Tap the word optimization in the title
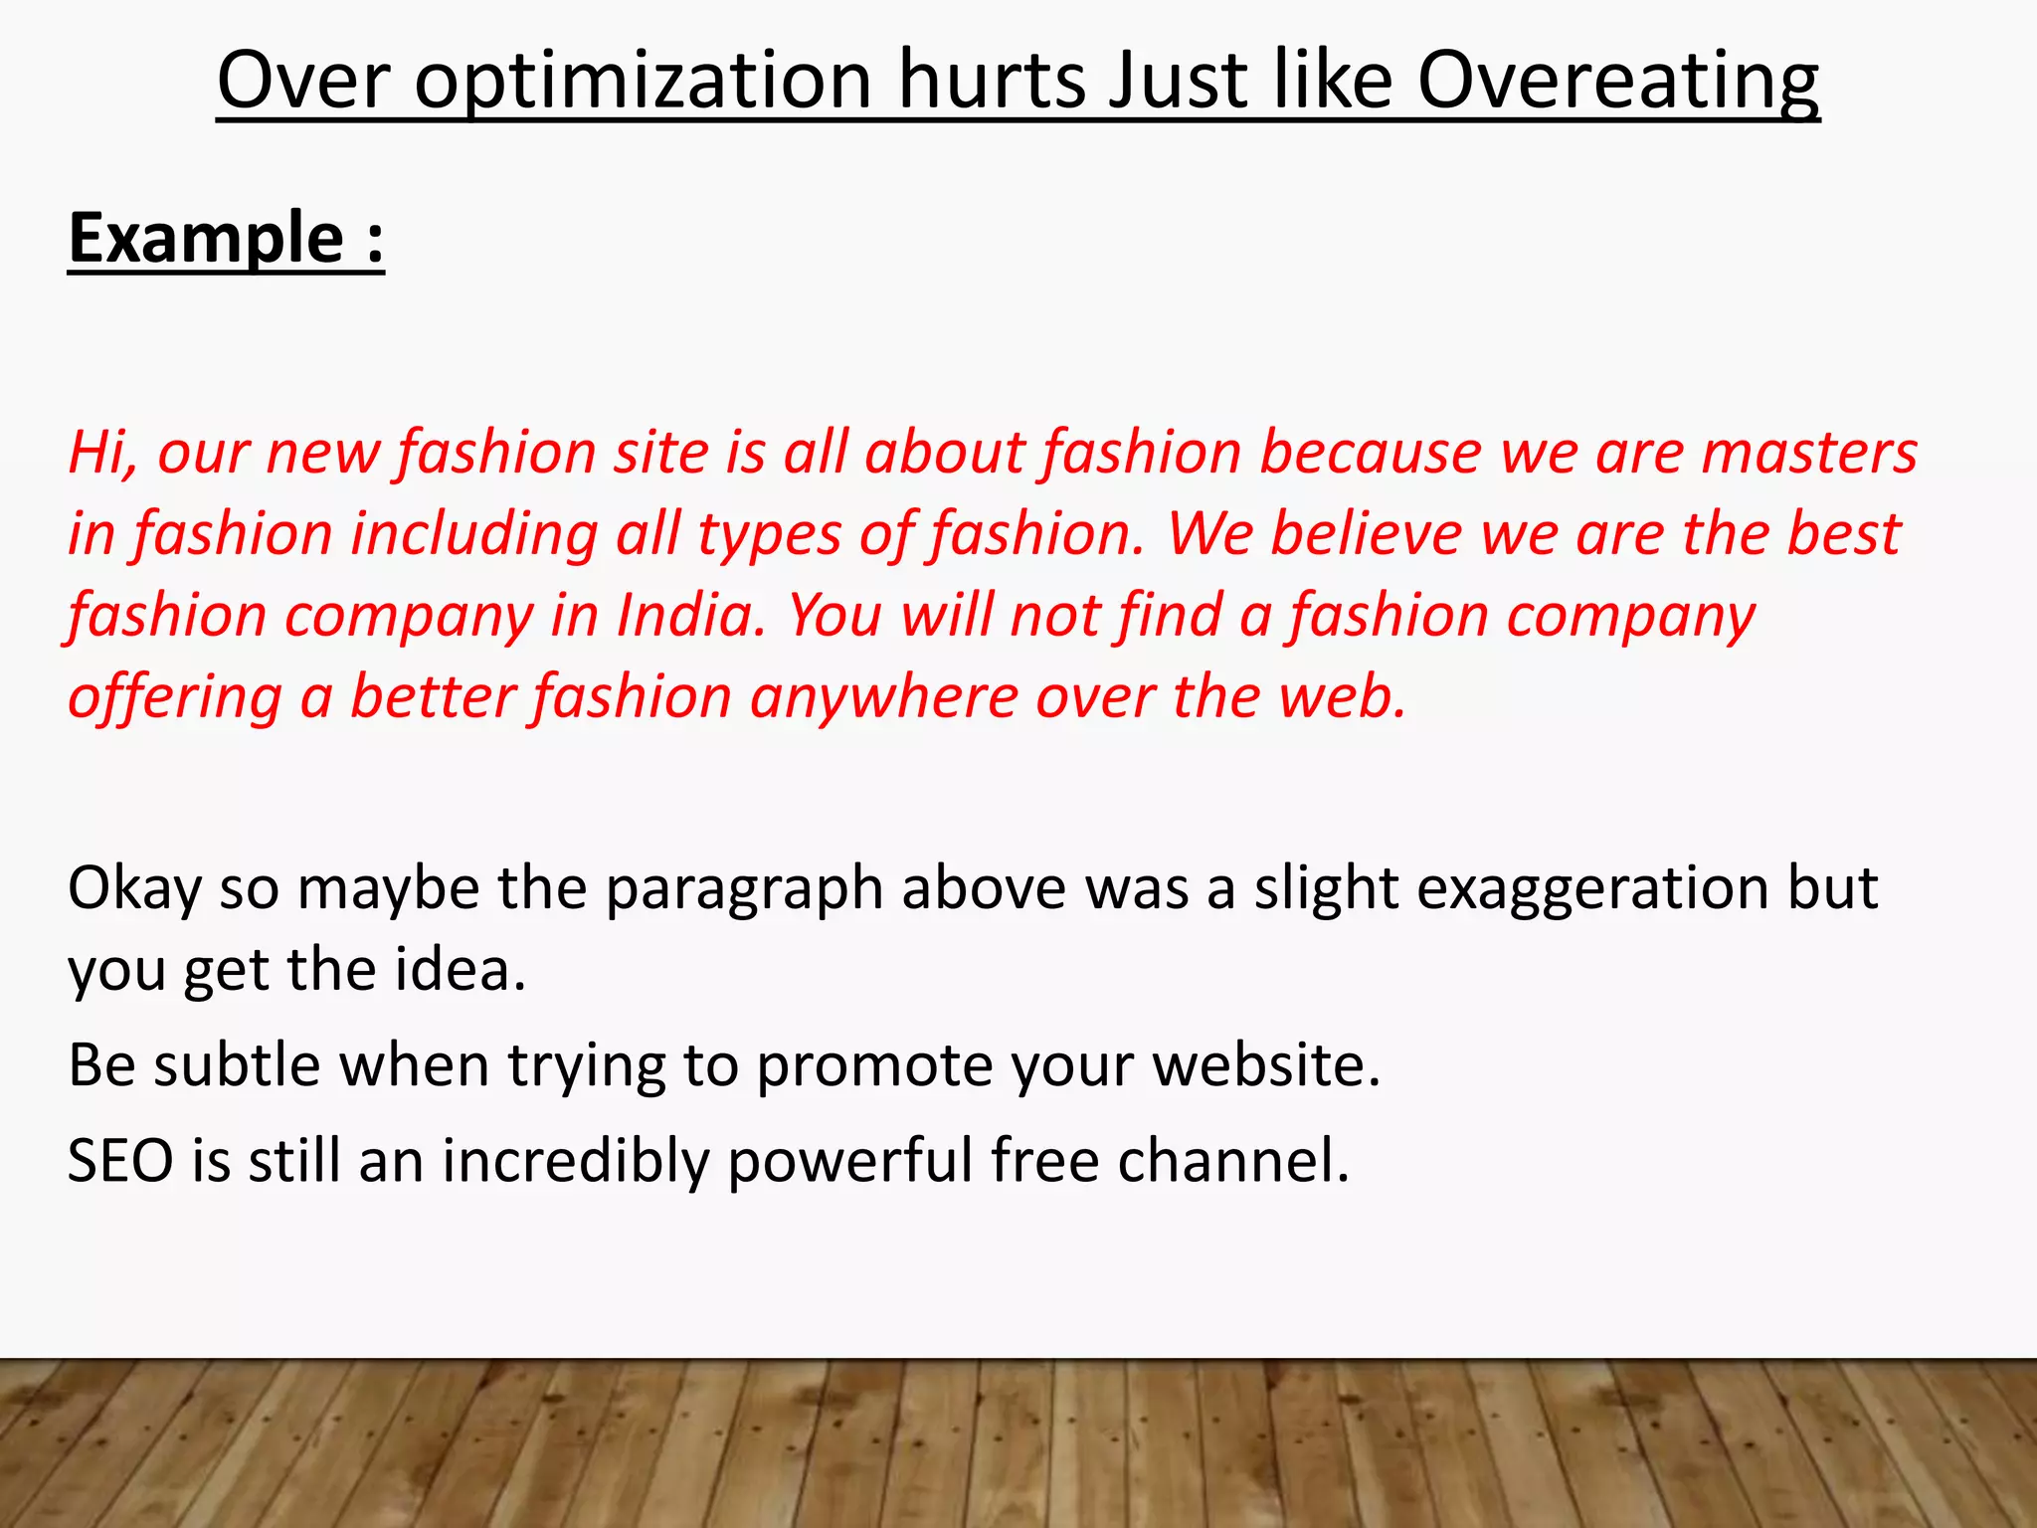click(x=643, y=82)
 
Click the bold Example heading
click(x=207, y=239)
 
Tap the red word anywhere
click(x=883, y=697)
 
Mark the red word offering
click(x=175, y=697)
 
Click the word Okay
click(x=134, y=888)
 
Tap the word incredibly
click(x=575, y=1161)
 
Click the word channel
click(x=1233, y=1161)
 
